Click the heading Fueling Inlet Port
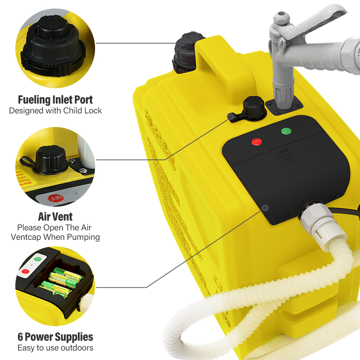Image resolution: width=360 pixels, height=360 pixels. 55,99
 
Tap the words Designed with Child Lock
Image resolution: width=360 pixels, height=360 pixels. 55,110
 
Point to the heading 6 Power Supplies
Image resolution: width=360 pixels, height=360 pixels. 55,337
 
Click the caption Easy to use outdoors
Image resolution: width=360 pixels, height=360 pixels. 55,348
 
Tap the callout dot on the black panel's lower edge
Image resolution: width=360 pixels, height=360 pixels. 265,207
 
